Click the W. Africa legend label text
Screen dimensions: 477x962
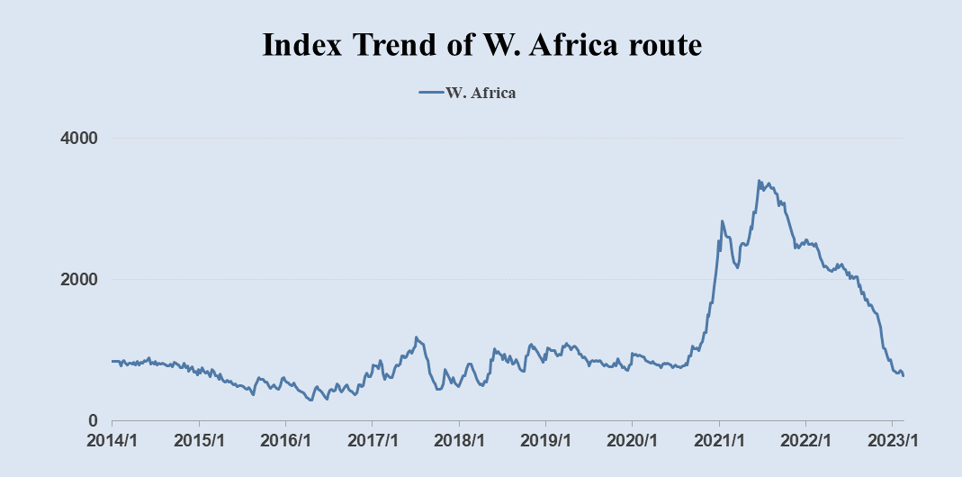(481, 92)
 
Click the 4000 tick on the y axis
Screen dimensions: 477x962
(80, 139)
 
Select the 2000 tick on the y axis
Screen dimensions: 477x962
(80, 279)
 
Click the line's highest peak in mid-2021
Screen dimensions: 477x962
(759, 181)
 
